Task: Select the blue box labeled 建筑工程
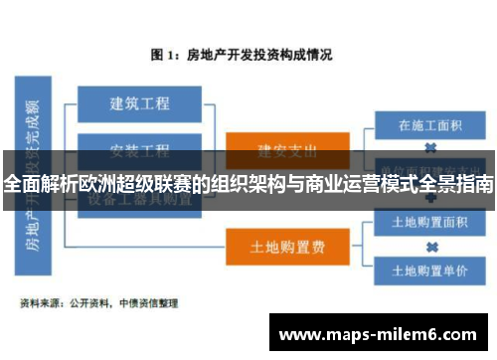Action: click(x=138, y=102)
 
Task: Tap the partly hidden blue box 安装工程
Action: click(x=138, y=150)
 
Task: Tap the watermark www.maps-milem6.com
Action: click(x=382, y=334)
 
